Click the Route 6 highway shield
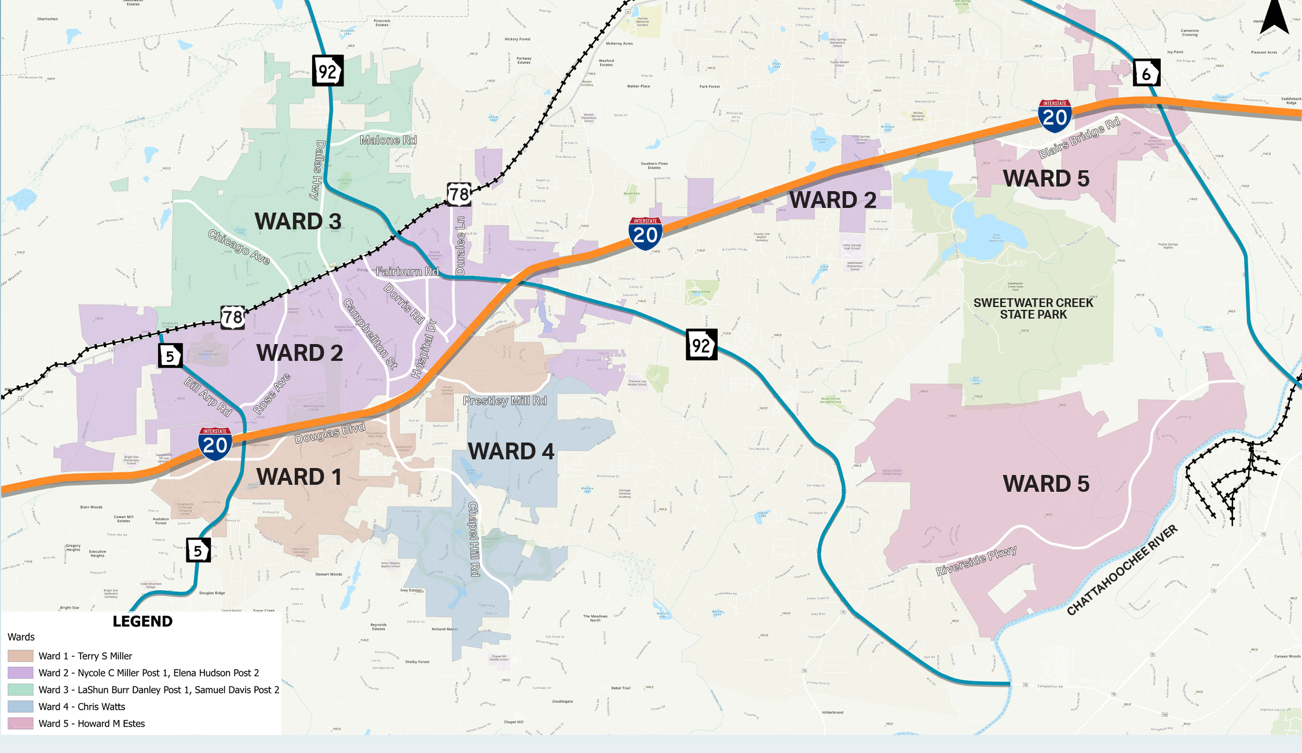[x=1146, y=72]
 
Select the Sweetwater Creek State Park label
[x=1033, y=309]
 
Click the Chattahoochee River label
[x=1122, y=570]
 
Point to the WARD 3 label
[x=298, y=221]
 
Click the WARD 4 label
[x=511, y=451]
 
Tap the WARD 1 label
[x=299, y=477]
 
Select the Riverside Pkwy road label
[x=976, y=561]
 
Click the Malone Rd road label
[x=387, y=140]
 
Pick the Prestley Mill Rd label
[x=504, y=401]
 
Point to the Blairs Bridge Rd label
[x=1079, y=138]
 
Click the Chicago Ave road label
[x=239, y=247]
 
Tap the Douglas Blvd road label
[x=330, y=433]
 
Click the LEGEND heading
[x=142, y=622]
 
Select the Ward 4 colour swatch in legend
[x=20, y=707]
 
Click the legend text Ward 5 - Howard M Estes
[x=92, y=723]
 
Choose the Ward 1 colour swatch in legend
[x=20, y=656]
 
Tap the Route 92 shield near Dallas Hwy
[x=328, y=71]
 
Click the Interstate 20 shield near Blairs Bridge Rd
[x=1055, y=115]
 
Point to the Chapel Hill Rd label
[x=474, y=539]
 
